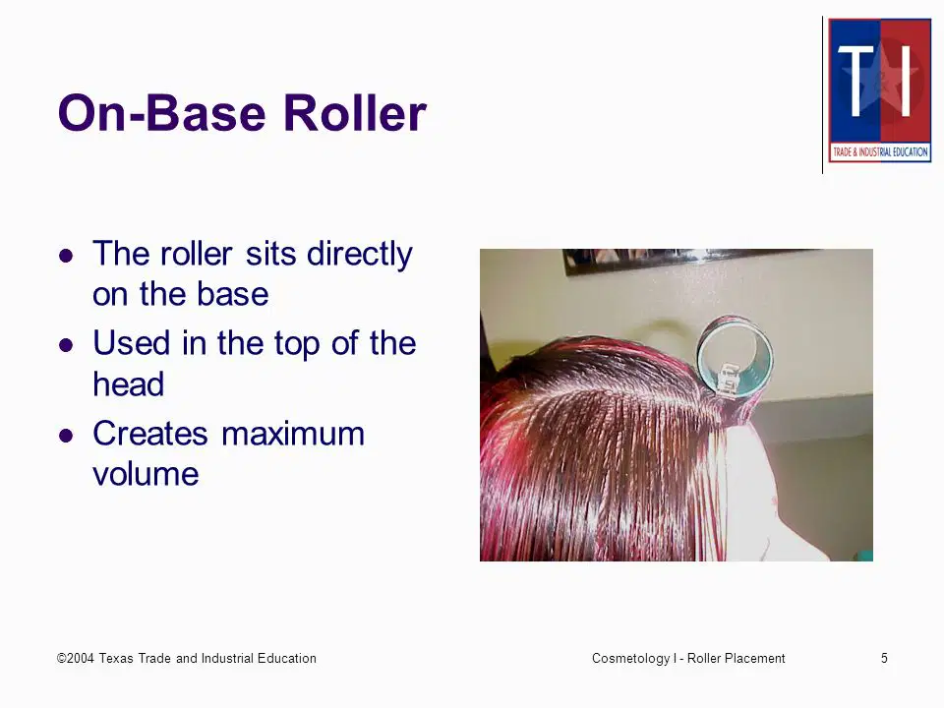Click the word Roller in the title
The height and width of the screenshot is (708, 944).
[x=355, y=112]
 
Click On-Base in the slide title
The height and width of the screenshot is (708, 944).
[x=162, y=112]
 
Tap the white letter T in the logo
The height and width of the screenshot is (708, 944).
[x=856, y=82]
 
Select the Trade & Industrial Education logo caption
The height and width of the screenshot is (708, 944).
[x=879, y=151]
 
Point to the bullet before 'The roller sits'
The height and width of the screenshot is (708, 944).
[x=66, y=256]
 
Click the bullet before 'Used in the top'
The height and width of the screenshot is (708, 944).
[x=66, y=345]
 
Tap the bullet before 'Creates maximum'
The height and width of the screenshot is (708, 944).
[x=66, y=435]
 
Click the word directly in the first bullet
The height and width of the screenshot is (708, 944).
[x=360, y=255]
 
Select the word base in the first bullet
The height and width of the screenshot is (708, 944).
[x=232, y=294]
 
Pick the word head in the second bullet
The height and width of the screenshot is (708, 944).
[x=128, y=383]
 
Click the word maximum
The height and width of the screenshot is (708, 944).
[x=293, y=434]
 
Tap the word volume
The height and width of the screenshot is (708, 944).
[x=146, y=474]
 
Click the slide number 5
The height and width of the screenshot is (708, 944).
[x=884, y=658]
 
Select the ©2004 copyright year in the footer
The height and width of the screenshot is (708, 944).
[x=76, y=658]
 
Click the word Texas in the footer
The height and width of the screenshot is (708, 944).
[x=116, y=658]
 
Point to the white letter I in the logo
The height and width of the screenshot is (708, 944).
[x=906, y=82]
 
